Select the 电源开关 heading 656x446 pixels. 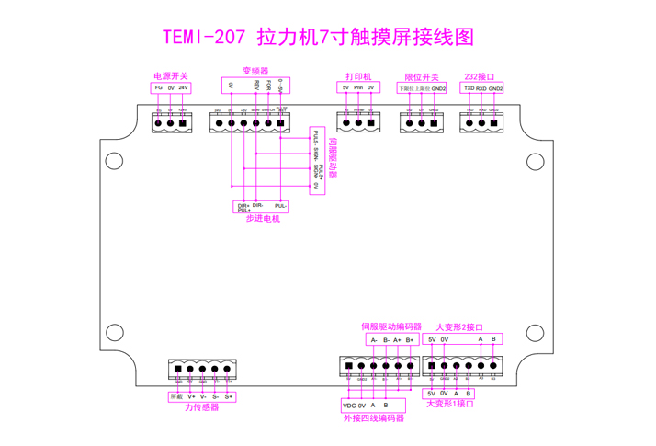tap(170, 76)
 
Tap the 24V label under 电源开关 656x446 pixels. tap(183, 87)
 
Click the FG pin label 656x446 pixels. tap(158, 87)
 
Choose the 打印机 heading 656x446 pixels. tap(357, 76)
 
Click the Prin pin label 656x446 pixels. tap(358, 87)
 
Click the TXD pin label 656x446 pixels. tap(469, 88)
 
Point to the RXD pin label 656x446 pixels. tap(481, 88)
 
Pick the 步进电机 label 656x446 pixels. tap(263, 219)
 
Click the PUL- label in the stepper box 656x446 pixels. tap(281, 205)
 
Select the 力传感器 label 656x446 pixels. tap(202, 407)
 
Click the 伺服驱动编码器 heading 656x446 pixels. tap(391, 326)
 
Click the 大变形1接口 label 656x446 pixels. tap(451, 403)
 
